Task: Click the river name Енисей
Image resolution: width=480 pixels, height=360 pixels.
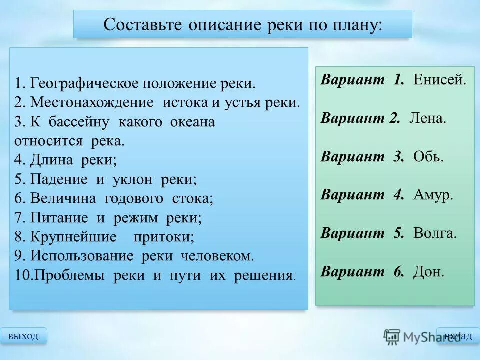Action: tap(440, 80)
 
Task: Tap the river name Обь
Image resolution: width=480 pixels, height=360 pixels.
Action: tap(428, 157)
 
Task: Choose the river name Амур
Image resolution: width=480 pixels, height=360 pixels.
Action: tap(433, 195)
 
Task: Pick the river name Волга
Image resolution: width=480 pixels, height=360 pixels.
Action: tap(435, 233)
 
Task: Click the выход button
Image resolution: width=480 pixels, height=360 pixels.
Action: tap(23, 336)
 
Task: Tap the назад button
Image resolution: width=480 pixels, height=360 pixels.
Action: tap(457, 336)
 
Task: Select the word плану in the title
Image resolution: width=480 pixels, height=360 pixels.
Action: tap(354, 25)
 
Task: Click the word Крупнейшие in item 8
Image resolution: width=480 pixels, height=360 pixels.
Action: tap(73, 237)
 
